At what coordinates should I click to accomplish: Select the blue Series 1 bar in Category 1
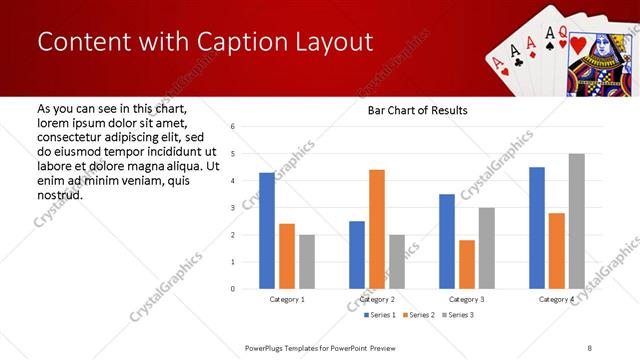pos(267,230)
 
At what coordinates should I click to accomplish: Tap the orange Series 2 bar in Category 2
pos(377,229)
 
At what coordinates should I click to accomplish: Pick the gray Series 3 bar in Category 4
pos(576,221)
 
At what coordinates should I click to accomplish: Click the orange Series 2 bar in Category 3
pos(467,264)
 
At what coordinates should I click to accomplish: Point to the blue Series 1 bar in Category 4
pos(537,228)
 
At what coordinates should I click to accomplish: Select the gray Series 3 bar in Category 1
pos(306,262)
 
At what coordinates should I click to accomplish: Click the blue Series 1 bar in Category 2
pos(357,255)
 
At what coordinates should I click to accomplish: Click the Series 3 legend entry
pos(458,315)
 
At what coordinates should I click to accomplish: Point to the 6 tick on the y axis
pos(232,127)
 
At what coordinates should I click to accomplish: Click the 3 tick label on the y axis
pos(232,208)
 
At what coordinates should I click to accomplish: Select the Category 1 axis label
pos(287,299)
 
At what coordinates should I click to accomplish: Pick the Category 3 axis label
pos(467,299)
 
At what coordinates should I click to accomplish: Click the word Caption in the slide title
pos(238,42)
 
